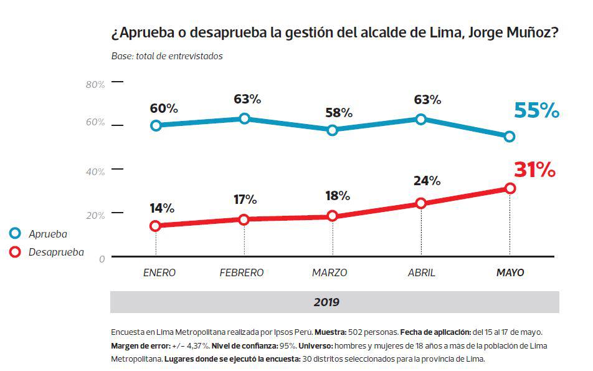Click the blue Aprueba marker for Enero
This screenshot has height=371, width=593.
[x=156, y=125]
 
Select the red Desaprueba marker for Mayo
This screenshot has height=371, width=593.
[x=510, y=188]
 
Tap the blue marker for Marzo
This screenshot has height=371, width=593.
[x=333, y=130]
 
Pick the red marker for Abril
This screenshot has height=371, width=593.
[x=421, y=203]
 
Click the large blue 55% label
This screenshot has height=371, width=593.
[x=536, y=110]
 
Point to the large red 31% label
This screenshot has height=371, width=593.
[x=534, y=170]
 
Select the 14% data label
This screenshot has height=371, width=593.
[x=162, y=208]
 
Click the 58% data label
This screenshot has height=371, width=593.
[x=339, y=113]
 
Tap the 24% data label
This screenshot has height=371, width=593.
[x=427, y=181]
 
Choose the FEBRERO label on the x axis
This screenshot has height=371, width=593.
[x=242, y=273]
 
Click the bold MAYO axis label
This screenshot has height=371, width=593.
[x=510, y=273]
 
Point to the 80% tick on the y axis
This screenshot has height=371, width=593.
[x=95, y=85]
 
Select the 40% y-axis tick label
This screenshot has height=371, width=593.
[x=95, y=172]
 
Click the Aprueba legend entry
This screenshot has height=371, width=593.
[x=47, y=234]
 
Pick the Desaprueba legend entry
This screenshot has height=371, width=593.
[x=55, y=253]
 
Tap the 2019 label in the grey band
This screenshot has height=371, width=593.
[x=326, y=302]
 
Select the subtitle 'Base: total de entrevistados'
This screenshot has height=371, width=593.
[x=167, y=56]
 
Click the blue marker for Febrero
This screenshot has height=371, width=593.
[x=244, y=118]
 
